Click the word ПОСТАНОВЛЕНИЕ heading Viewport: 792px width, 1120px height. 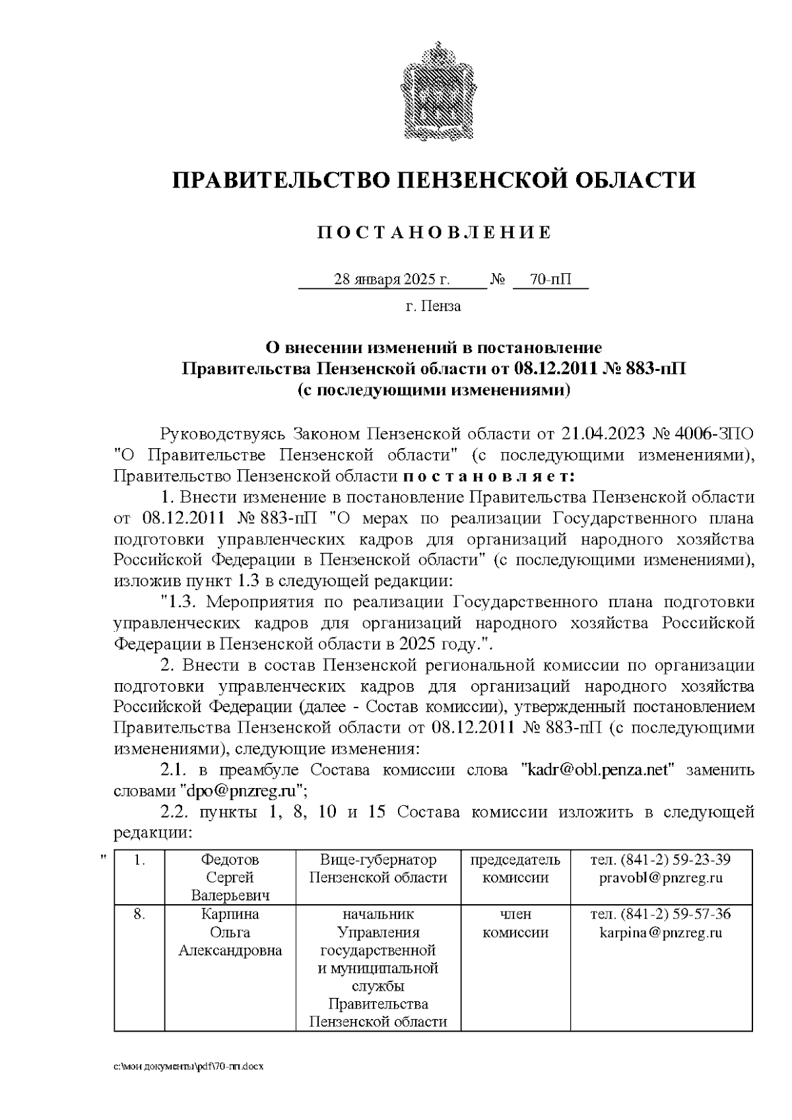[434, 232]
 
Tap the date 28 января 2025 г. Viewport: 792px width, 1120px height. [392, 280]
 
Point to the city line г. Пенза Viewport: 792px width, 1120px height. [433, 306]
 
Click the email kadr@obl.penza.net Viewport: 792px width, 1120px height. [598, 770]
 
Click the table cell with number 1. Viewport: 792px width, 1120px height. [139, 860]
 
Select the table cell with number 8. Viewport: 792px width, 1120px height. [139, 915]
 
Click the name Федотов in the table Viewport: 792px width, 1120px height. [230, 860]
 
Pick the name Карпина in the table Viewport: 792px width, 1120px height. [230, 915]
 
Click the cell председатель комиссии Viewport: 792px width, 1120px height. [515, 869]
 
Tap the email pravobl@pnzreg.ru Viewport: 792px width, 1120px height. [661, 878]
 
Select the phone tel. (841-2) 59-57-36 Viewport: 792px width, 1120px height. [661, 915]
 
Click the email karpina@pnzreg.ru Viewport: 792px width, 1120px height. [661, 933]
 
